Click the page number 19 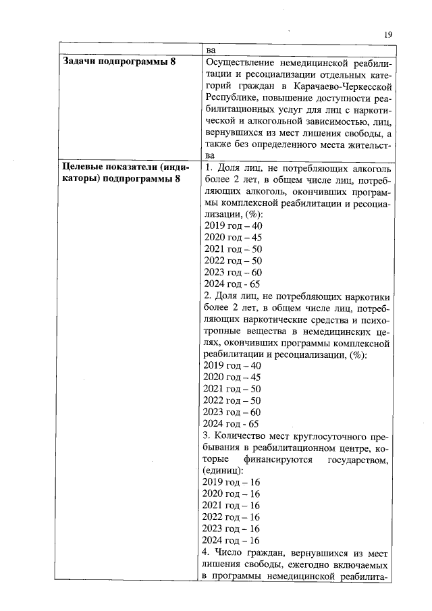387,35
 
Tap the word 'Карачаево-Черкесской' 346,86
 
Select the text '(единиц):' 223,471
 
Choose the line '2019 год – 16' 231,483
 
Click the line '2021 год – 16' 231,506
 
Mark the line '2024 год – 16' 231,540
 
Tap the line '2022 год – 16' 231,517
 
